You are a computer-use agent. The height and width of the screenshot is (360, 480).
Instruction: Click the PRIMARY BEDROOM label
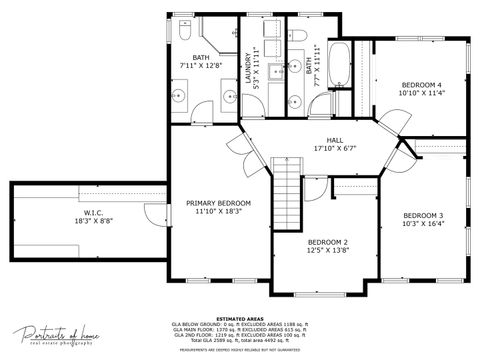click(218, 203)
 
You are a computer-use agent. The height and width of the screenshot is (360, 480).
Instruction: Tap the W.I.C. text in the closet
click(94, 213)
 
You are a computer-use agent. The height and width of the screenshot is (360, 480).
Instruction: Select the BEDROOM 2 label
click(327, 243)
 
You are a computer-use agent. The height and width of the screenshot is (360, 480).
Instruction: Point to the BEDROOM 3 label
click(423, 216)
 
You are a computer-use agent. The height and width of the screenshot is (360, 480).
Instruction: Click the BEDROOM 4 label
click(421, 85)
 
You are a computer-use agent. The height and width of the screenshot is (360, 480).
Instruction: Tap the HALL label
click(335, 140)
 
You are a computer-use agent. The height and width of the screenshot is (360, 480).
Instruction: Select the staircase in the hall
click(288, 185)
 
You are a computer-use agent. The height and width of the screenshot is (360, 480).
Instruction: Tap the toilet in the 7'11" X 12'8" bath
click(184, 33)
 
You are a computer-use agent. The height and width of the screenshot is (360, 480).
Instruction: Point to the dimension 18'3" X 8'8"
click(94, 222)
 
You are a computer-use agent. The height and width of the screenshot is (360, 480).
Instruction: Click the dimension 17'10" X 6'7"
click(335, 150)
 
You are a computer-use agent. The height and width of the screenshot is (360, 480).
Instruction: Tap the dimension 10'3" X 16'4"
click(423, 225)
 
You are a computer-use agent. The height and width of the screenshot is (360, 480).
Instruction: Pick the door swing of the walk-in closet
click(152, 213)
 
